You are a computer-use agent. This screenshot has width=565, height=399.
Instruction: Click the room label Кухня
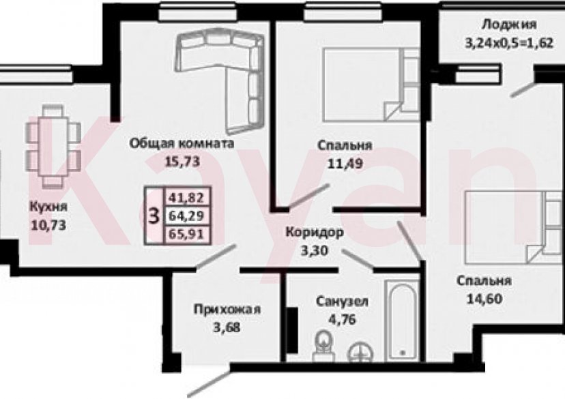point(46,207)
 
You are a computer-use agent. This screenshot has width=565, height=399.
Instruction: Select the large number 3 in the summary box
point(154,216)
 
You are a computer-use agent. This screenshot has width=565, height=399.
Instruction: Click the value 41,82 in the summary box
point(186,198)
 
